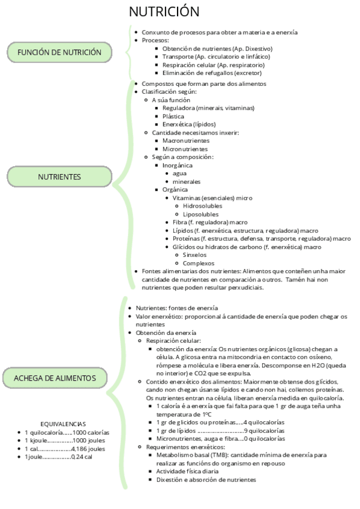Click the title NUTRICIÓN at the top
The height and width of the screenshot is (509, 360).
164,12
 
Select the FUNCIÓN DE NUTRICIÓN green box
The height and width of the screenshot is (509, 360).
59,52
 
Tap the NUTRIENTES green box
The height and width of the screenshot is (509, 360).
59,177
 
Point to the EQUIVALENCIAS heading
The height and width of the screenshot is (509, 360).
63,423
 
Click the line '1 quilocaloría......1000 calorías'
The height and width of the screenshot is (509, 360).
67,432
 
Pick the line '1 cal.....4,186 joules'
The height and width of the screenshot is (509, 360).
65,448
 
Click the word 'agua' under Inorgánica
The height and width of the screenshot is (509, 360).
179,173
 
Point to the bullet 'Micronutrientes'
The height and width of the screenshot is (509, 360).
185,149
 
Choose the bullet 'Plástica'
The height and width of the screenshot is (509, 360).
174,116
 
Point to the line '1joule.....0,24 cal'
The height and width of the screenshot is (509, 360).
58,457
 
